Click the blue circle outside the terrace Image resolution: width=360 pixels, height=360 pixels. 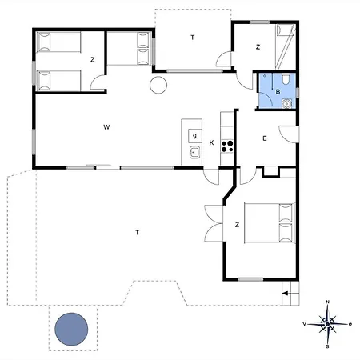click(x=71, y=329)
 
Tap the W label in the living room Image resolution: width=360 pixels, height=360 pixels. click(x=106, y=127)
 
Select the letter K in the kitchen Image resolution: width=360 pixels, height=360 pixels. click(x=211, y=142)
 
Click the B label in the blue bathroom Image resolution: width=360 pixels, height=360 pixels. click(x=278, y=92)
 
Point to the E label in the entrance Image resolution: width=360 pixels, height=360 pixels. click(x=265, y=138)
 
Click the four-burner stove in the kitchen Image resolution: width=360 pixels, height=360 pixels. click(x=227, y=146)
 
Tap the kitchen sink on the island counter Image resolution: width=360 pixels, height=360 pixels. click(x=195, y=152)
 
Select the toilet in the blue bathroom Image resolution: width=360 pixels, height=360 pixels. click(x=286, y=79)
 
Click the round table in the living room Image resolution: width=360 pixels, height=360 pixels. click(x=158, y=85)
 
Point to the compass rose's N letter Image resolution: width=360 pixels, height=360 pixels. click(x=328, y=302)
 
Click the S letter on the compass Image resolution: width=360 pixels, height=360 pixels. click(x=327, y=346)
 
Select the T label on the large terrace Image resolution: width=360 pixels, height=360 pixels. click(x=138, y=233)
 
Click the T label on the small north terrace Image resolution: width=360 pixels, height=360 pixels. click(x=193, y=38)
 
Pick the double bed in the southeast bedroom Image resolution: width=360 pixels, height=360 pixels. click(x=270, y=223)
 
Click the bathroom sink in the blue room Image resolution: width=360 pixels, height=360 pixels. click(x=286, y=103)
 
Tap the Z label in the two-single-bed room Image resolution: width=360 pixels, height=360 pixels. click(x=93, y=60)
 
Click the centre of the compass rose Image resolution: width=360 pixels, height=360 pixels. click(x=328, y=324)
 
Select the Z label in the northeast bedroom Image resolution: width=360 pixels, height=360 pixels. click(x=258, y=47)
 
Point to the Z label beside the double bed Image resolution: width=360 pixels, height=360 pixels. click(x=237, y=225)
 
